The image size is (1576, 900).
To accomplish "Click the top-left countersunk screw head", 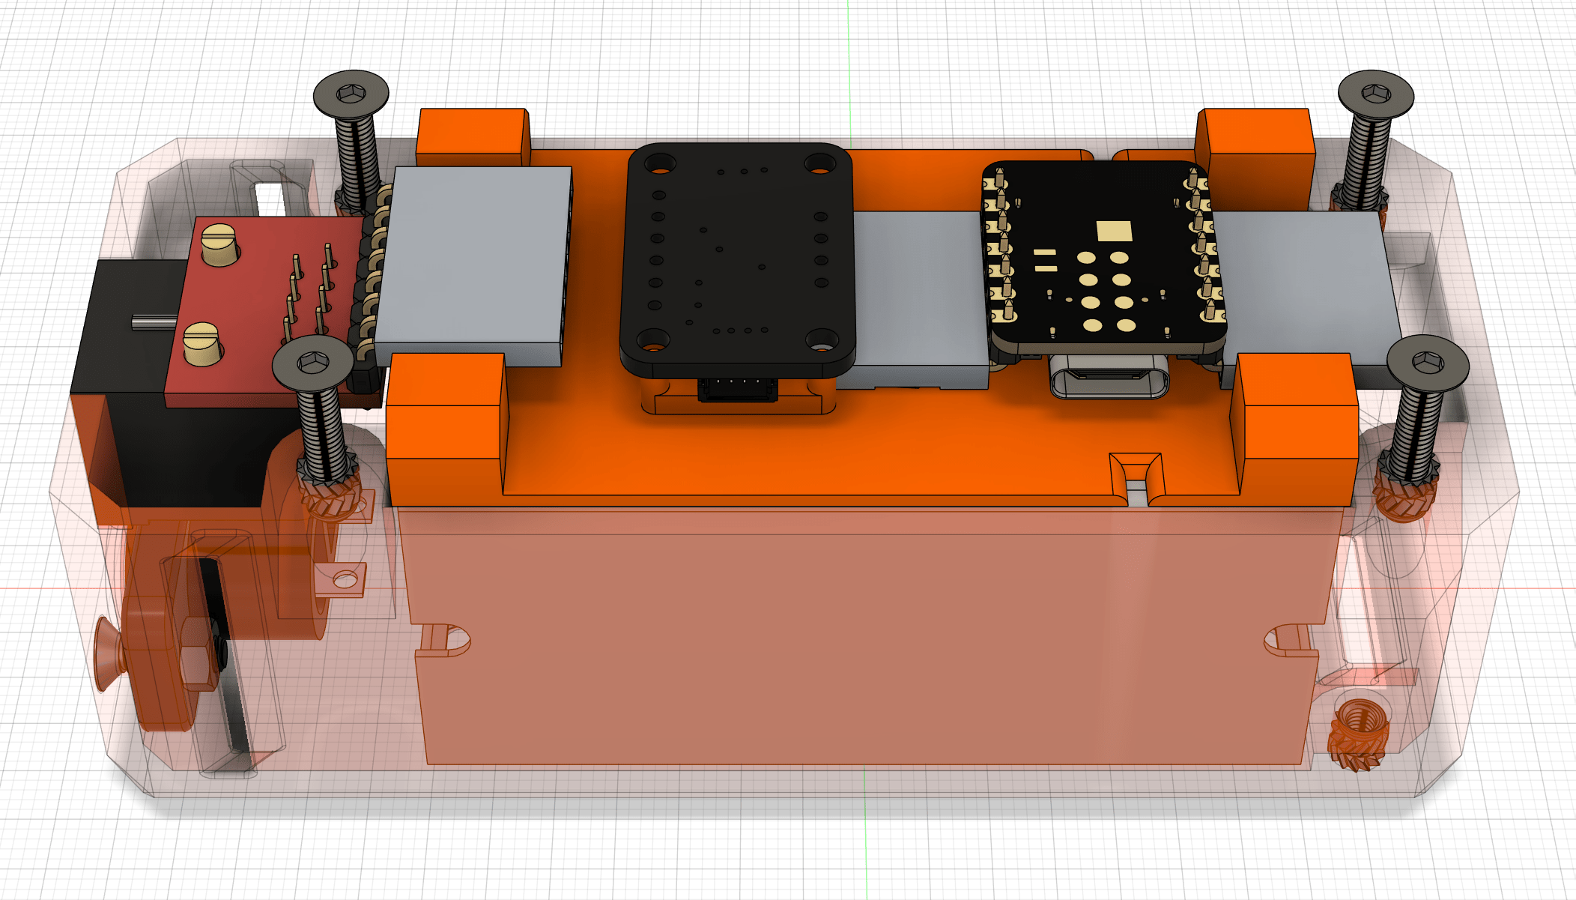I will (351, 94).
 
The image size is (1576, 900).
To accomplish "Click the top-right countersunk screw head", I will (1376, 94).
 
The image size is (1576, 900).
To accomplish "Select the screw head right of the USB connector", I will (1428, 363).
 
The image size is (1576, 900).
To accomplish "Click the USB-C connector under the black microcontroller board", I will (1109, 377).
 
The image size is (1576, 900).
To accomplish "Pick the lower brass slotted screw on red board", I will (202, 343).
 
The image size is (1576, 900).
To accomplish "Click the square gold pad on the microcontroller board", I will (1114, 231).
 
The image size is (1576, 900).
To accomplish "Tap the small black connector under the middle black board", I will (737, 390).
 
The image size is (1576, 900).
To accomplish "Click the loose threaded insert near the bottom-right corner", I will (1359, 734).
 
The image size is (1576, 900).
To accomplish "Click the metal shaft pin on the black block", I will (154, 322).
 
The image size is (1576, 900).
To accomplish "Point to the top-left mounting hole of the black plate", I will (660, 163).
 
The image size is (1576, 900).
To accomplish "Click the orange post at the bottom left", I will (445, 427).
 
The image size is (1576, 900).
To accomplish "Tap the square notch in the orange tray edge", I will (1136, 476).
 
